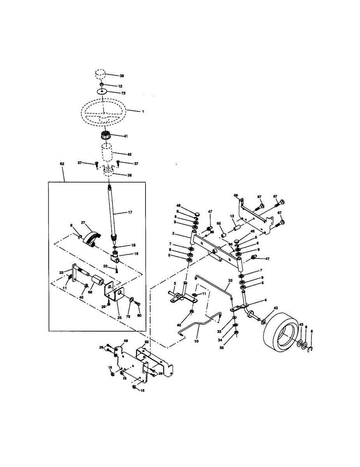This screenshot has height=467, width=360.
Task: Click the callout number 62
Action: click(x=62, y=164)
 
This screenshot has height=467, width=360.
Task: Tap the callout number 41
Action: click(x=126, y=136)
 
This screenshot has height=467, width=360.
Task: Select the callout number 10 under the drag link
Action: click(x=196, y=341)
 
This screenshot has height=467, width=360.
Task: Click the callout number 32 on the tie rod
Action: click(x=230, y=280)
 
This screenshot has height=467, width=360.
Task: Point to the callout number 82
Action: click(x=147, y=342)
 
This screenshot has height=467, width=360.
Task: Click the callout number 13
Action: click(x=232, y=216)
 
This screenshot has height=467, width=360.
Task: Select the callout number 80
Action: click(x=139, y=316)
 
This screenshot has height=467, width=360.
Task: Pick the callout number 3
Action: click(x=175, y=283)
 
